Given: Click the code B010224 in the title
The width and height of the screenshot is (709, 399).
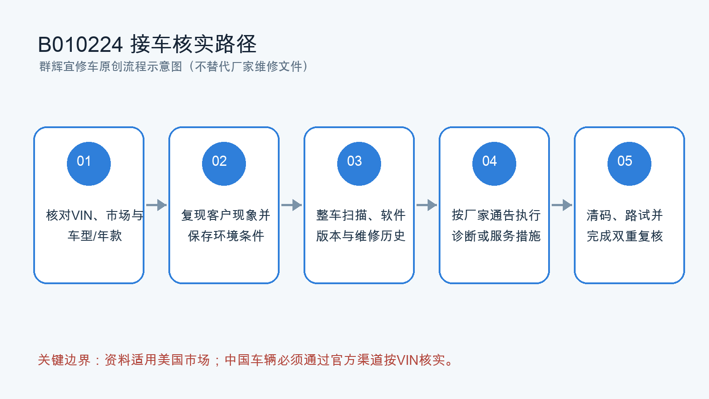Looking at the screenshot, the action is (x=80, y=44).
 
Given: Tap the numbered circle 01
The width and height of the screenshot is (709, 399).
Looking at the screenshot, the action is (x=89, y=164).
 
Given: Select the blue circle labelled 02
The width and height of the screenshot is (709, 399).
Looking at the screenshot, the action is (x=224, y=164).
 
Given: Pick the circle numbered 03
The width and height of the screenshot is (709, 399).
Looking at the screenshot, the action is (x=359, y=164).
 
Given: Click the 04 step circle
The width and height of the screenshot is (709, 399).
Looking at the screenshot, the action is (x=494, y=164).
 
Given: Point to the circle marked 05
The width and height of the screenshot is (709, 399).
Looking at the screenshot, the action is (x=629, y=164).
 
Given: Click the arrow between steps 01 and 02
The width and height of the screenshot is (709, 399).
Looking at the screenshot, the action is (x=156, y=205).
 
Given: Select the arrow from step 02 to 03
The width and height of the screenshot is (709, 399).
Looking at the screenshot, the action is (x=292, y=205).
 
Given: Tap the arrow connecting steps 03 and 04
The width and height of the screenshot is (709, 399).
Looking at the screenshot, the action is (x=427, y=205).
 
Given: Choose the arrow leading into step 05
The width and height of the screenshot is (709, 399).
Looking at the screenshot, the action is (x=562, y=205).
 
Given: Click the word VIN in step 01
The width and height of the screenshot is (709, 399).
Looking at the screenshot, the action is (x=82, y=215).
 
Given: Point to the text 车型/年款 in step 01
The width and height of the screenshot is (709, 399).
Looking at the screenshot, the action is (x=95, y=236).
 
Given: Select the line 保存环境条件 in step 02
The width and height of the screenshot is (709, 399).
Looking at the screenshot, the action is (x=226, y=236).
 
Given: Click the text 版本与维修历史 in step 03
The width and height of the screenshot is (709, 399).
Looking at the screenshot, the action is (x=361, y=236).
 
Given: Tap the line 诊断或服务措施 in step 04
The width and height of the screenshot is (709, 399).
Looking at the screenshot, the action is (x=496, y=236).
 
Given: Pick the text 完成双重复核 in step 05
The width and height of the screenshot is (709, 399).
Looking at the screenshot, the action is (x=625, y=236).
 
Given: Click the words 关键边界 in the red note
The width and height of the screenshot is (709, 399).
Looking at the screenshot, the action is (x=64, y=360).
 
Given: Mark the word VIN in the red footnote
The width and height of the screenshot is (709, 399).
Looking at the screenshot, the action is (x=408, y=360).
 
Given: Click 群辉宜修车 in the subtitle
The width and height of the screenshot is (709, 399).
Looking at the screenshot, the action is (x=69, y=66).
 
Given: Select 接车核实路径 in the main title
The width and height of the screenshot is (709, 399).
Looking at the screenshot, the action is (x=193, y=44).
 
